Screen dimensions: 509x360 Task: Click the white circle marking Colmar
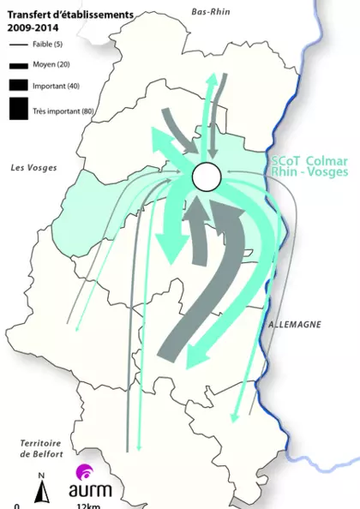coord(207,177)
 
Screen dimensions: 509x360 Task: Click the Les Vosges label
coord(33,167)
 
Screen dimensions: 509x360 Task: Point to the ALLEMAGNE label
coord(294,325)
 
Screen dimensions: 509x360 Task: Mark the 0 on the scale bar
coord(16,506)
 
